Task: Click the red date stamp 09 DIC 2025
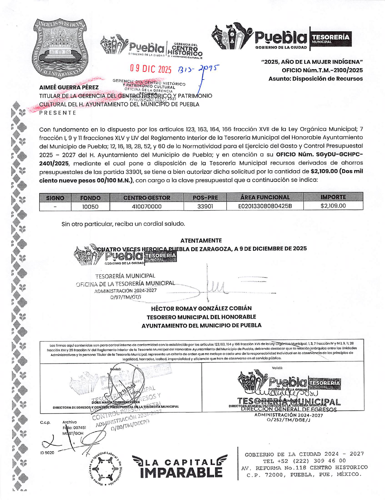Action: pyautogui.click(x=151, y=69)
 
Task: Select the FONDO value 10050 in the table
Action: pyautogui.click(x=90, y=207)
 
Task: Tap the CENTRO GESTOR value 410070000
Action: pyautogui.click(x=146, y=207)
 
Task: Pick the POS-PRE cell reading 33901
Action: pyautogui.click(x=205, y=206)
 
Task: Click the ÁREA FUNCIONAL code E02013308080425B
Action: pyautogui.click(x=265, y=206)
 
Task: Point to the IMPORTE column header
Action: pyautogui.click(x=333, y=197)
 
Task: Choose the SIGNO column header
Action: pyautogui.click(x=55, y=198)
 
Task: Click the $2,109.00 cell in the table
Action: pyautogui.click(x=333, y=206)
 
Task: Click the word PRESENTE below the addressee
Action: pyautogui.click(x=58, y=113)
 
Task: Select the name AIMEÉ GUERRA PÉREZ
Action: pyautogui.click(x=69, y=87)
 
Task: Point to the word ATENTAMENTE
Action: pyautogui.click(x=201, y=241)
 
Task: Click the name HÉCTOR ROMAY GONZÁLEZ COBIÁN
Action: pyautogui.click(x=201, y=308)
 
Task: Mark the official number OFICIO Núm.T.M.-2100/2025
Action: pyautogui.click(x=322, y=70)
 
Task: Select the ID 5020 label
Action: pyautogui.click(x=47, y=453)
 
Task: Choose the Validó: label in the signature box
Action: pyautogui.click(x=277, y=368)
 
